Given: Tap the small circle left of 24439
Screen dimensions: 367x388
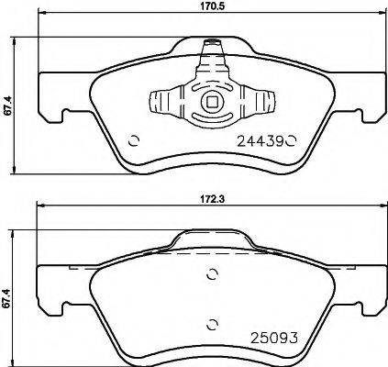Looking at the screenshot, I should (135, 140).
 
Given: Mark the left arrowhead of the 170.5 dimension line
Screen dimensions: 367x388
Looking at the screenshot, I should (40, 18).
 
